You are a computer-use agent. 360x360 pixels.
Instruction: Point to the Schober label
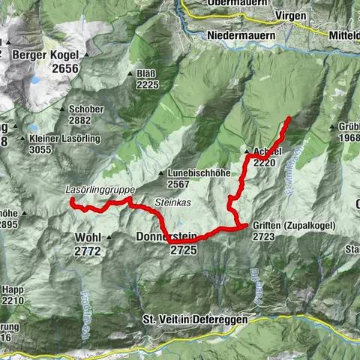pyautogui.click(x=85, y=109)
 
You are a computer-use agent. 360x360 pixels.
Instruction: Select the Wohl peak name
pyautogui.click(x=88, y=238)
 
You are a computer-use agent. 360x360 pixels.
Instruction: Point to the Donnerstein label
pyautogui.click(x=166, y=238)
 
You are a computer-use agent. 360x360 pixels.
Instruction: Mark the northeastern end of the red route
pyautogui.click(x=289, y=118)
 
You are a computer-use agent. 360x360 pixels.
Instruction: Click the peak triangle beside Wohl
pyautogui.click(x=109, y=238)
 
